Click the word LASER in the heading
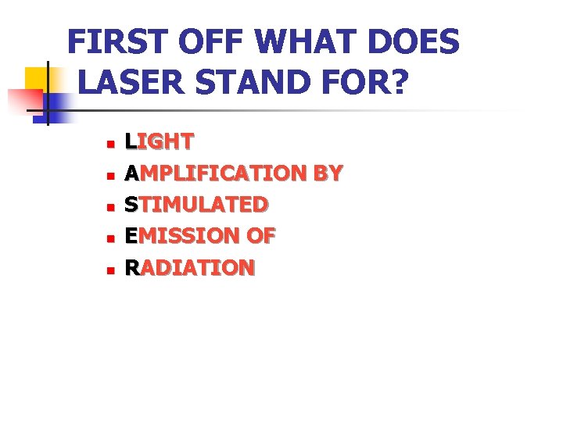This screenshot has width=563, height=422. click(129, 82)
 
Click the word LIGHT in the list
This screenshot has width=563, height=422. click(160, 141)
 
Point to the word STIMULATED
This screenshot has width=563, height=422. click(196, 205)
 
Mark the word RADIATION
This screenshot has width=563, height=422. click(190, 268)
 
